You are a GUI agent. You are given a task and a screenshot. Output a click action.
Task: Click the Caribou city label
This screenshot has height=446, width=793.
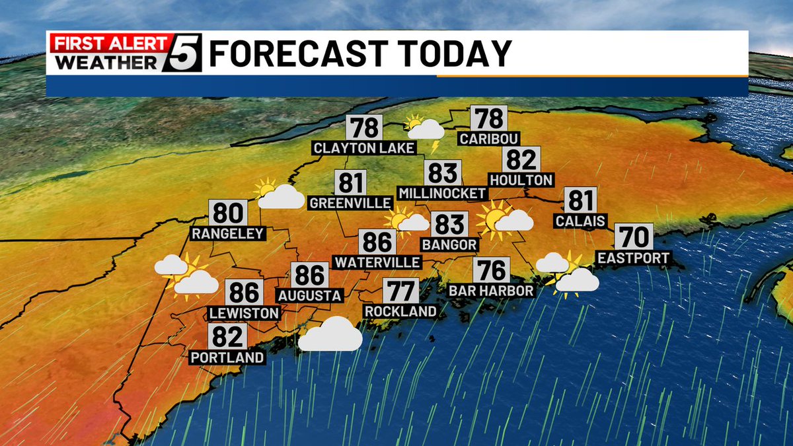[489, 139]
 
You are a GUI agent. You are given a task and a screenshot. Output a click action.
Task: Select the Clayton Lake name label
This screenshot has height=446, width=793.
[364, 147]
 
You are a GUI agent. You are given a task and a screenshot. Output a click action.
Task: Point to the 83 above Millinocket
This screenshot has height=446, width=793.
[442, 173]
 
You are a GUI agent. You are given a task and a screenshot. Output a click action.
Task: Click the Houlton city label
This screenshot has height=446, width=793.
[521, 180]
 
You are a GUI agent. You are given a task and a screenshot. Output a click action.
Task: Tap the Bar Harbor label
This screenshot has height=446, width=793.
[491, 291]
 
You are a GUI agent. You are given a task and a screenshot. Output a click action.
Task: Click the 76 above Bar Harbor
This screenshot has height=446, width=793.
[491, 270]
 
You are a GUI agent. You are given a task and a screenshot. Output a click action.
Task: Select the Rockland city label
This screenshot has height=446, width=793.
[400, 311]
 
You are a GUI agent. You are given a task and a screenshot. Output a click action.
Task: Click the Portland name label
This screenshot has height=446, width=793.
[227, 357]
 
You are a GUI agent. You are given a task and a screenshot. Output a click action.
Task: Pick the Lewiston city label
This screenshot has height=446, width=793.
[244, 313]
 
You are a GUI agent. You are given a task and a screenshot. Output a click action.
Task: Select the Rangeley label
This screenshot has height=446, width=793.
[228, 233]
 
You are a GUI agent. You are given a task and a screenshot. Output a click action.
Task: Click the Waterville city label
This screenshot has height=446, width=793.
[377, 262]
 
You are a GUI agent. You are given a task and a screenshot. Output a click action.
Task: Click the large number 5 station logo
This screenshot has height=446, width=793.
[180, 54]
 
